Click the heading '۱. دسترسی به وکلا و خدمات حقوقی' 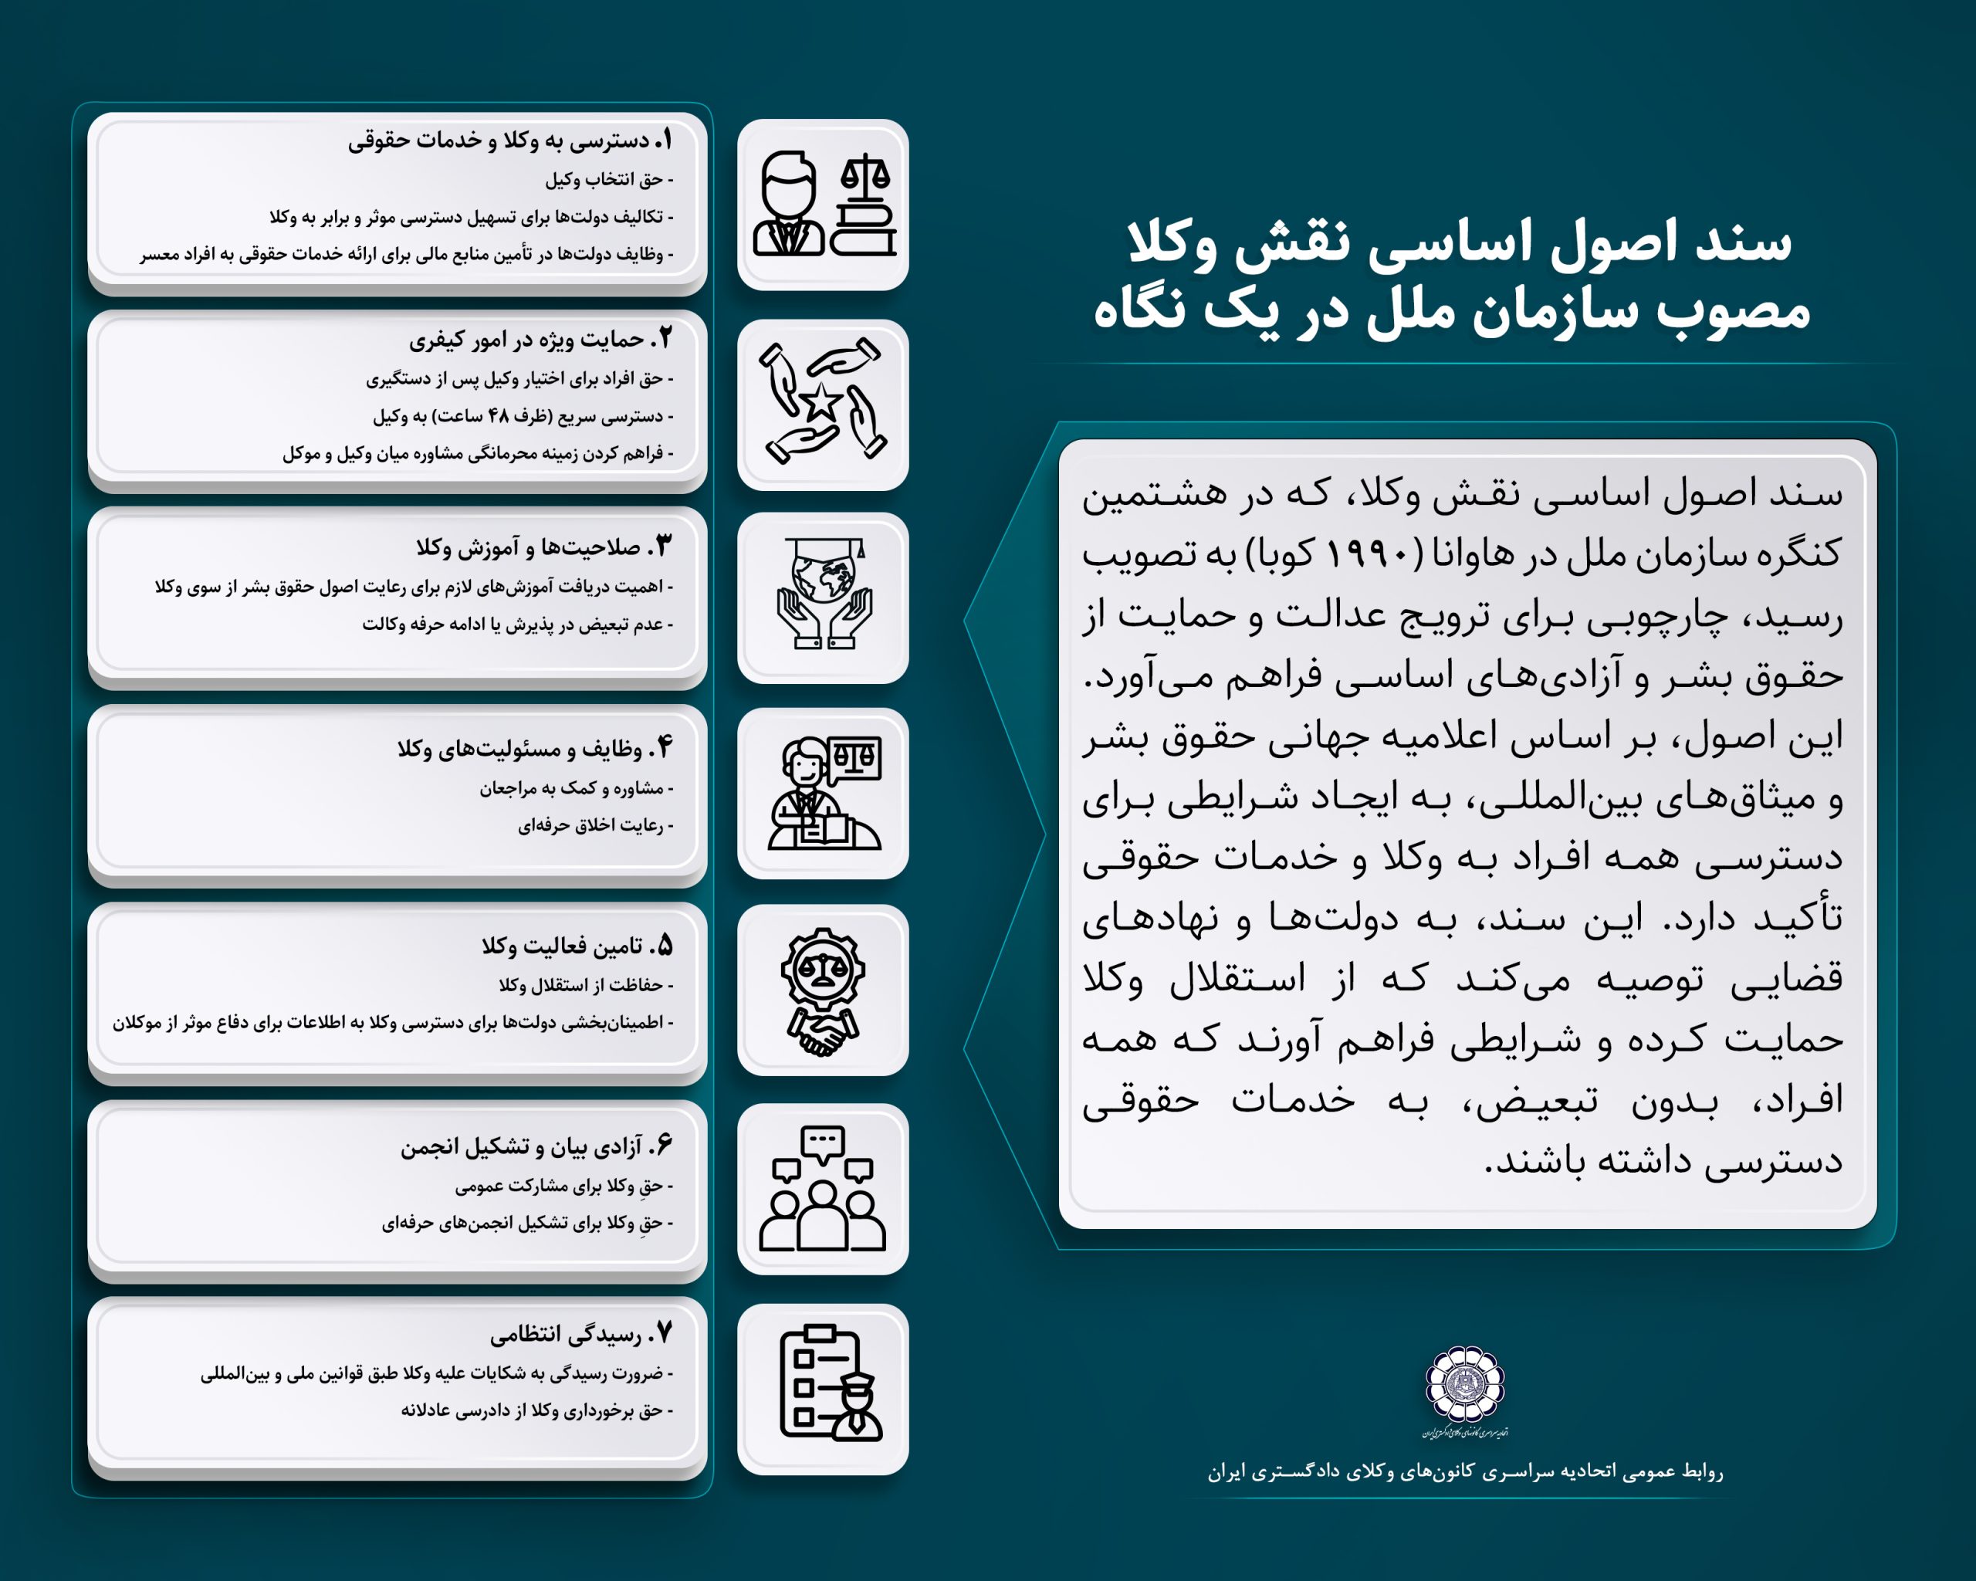[x=509, y=140]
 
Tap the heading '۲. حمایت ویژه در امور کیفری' [x=541, y=340]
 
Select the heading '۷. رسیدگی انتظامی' [x=581, y=1335]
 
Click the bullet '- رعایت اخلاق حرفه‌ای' [x=596, y=826]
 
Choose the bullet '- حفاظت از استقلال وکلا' [x=586, y=985]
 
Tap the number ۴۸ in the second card [x=499, y=416]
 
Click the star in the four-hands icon [x=821, y=401]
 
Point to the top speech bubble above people [x=822, y=1142]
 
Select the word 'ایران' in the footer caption [x=1226, y=1472]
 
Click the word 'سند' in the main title [x=1743, y=244]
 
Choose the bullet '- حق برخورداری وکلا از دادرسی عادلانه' [x=537, y=1410]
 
